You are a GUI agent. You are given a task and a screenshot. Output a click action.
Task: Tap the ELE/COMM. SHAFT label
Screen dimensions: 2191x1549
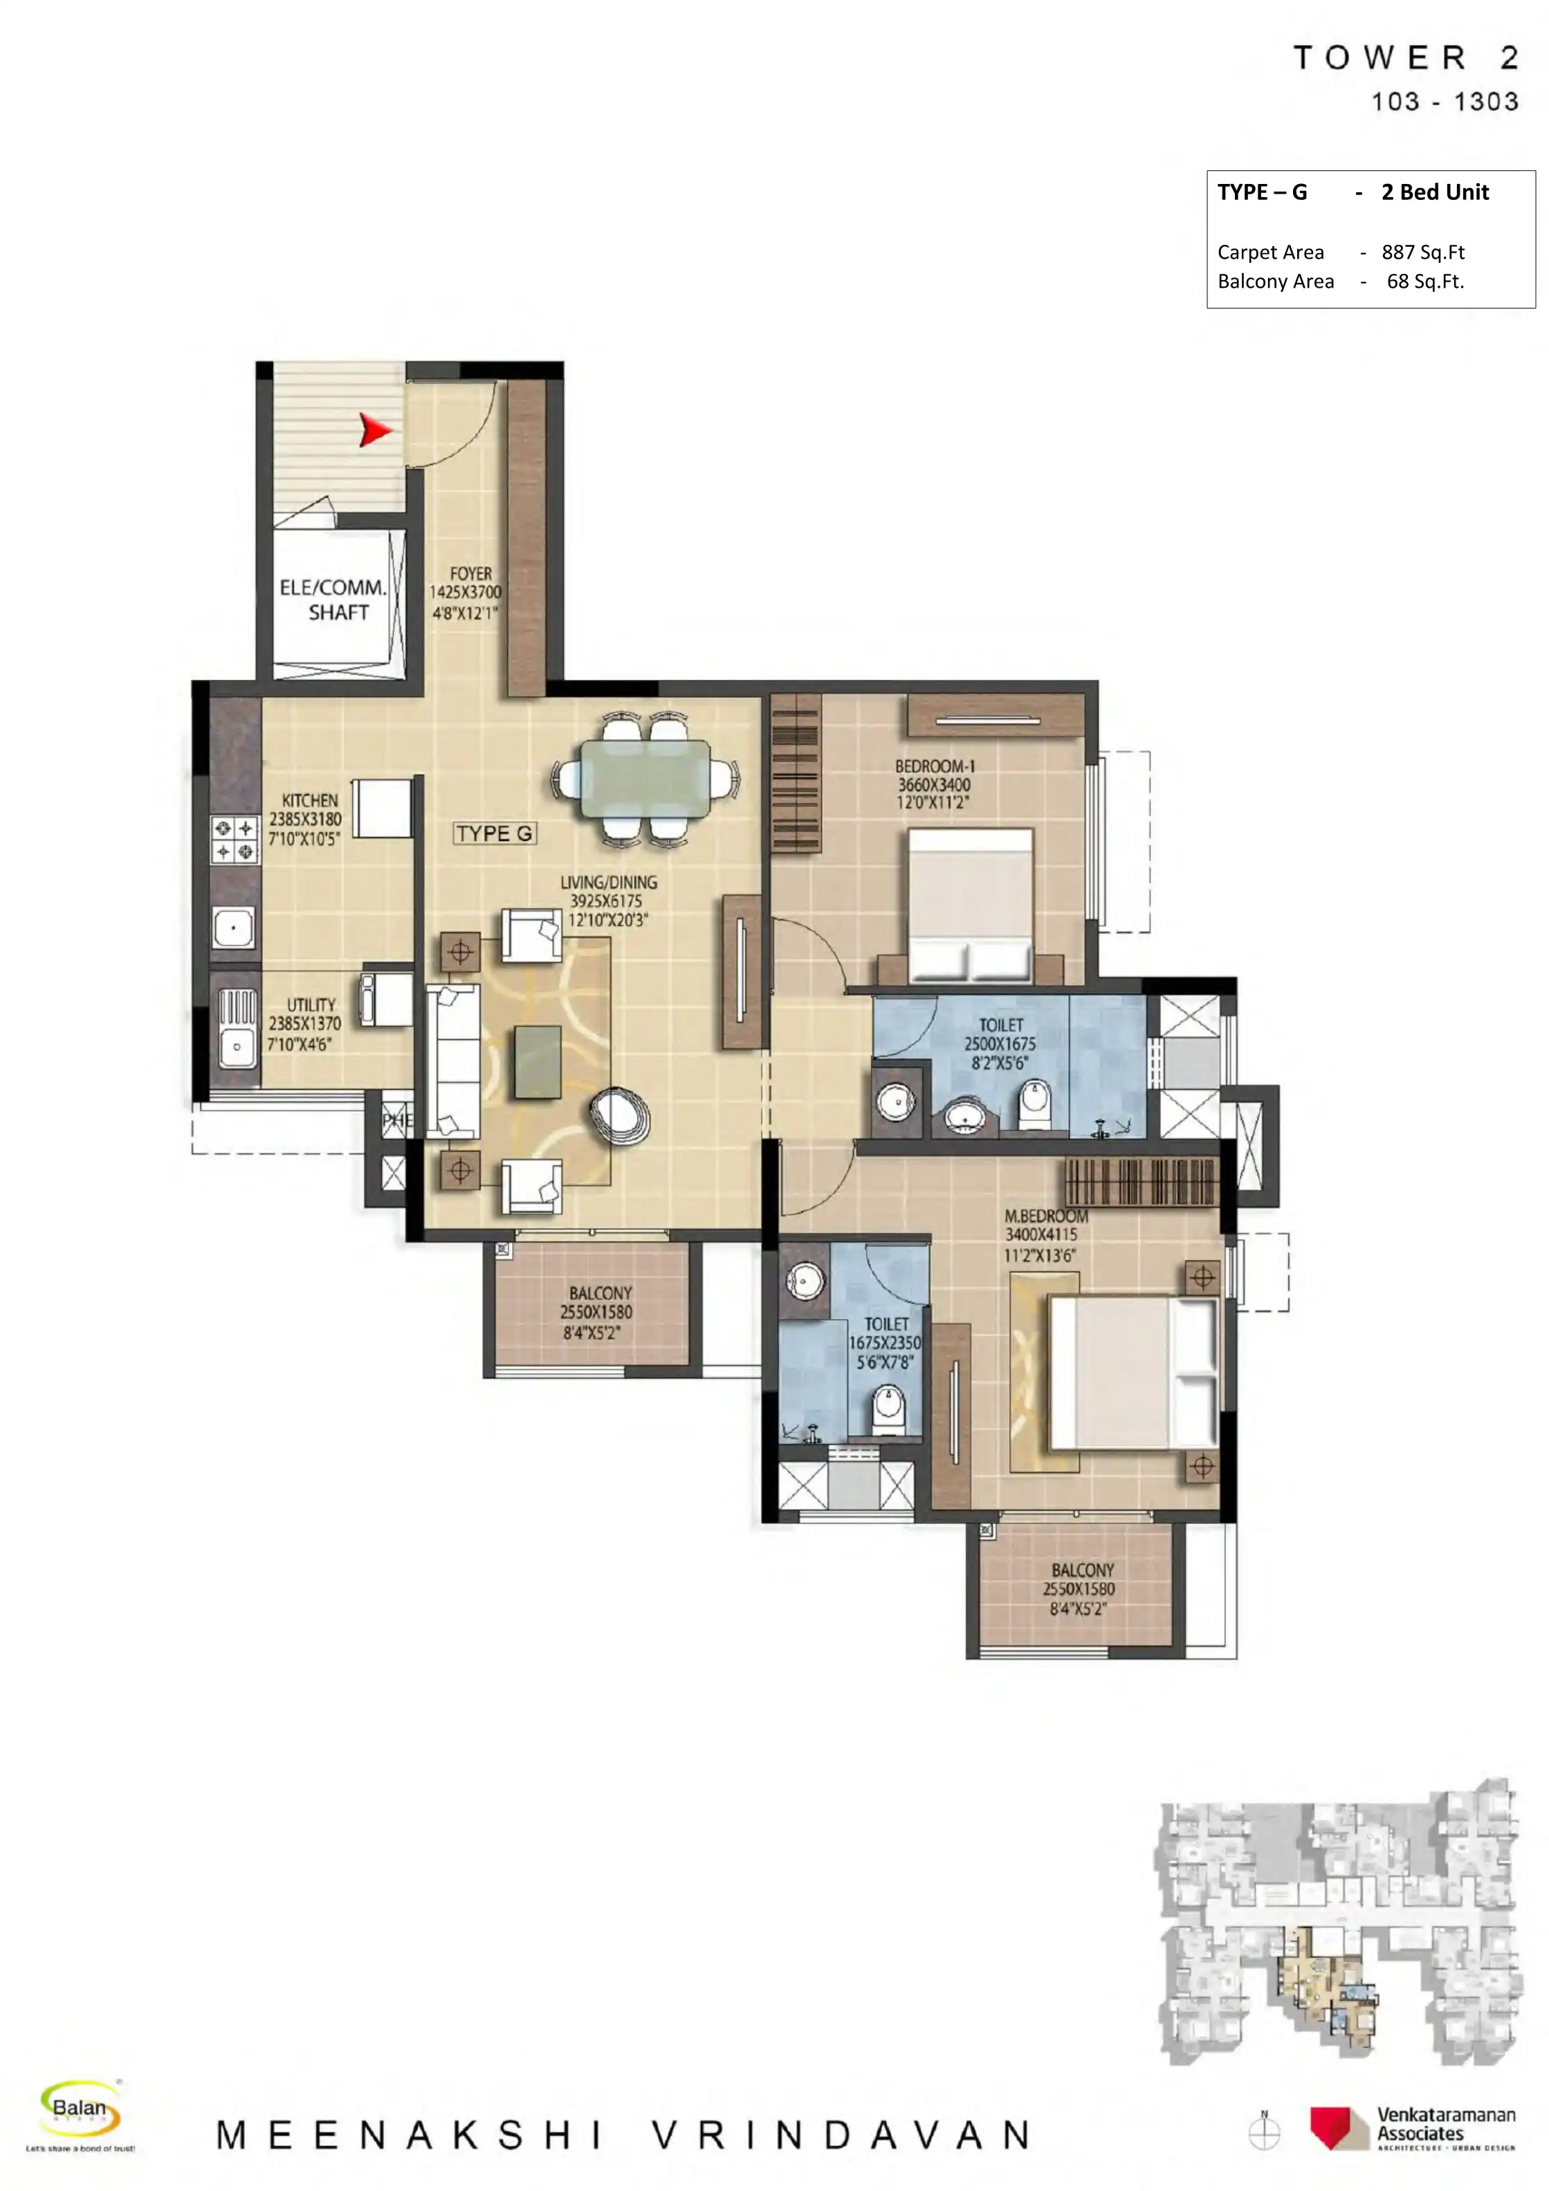(332, 600)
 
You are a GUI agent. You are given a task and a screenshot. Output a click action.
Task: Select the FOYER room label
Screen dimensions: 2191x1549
(470, 573)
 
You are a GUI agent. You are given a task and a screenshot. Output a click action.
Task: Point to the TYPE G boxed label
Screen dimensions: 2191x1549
(495, 833)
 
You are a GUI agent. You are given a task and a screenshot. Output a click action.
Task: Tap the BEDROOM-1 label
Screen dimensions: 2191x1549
(935, 766)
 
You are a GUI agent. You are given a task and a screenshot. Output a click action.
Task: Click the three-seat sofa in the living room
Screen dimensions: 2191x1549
(455, 1061)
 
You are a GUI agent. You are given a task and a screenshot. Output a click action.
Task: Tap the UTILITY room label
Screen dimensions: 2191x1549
(311, 1005)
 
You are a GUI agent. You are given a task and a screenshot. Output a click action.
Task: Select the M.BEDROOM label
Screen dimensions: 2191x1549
(1045, 1217)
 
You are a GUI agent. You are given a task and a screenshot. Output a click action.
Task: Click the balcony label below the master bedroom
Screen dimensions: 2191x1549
(1082, 1570)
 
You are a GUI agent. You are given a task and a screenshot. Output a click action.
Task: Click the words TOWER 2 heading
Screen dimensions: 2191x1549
(1405, 58)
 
